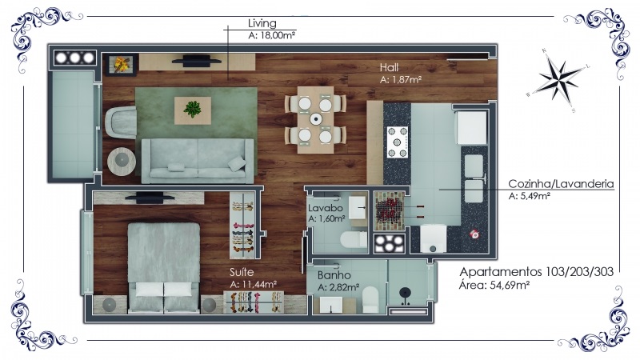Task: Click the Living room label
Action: pos(262,23)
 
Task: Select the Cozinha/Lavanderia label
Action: pos(561,184)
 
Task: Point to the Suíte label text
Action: pos(242,272)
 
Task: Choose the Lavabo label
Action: pos(326,208)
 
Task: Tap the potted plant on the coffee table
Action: pos(192,109)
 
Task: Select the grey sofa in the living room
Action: pos(198,161)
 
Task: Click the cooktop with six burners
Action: pos(398,142)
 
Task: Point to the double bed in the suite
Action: pos(164,268)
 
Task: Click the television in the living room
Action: pos(196,62)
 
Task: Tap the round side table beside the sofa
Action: pos(122,162)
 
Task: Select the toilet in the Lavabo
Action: pos(354,239)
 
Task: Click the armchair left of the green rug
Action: pos(121,122)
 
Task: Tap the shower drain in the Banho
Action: pos(405,292)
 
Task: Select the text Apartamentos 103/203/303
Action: pos(536,272)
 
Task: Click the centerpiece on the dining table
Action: pos(315,119)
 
